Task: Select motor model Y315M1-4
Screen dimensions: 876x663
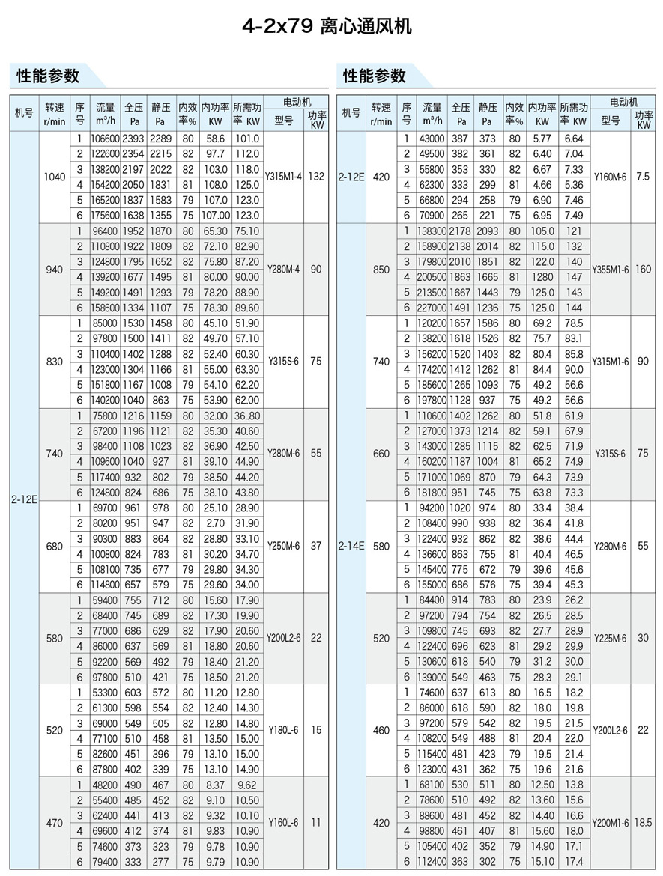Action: tap(284, 177)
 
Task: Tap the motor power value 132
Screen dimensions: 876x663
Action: tap(316, 177)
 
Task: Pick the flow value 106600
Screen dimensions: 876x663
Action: tap(105, 139)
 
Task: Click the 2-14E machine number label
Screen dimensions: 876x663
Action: tap(351, 547)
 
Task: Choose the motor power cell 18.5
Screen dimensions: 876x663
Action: tap(643, 822)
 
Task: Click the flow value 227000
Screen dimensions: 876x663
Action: tap(432, 308)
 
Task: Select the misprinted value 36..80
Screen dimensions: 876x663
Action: tap(246, 416)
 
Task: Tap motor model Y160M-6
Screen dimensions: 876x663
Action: tap(611, 177)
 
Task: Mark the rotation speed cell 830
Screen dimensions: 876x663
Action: tap(55, 361)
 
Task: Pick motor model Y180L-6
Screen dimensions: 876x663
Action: tap(284, 730)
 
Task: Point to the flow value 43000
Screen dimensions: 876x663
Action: tap(432, 139)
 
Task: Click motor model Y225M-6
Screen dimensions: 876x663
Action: tap(611, 638)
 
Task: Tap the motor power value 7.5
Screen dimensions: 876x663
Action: tap(643, 177)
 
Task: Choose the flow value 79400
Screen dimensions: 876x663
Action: tap(105, 862)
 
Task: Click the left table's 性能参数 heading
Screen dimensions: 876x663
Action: tap(48, 76)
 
